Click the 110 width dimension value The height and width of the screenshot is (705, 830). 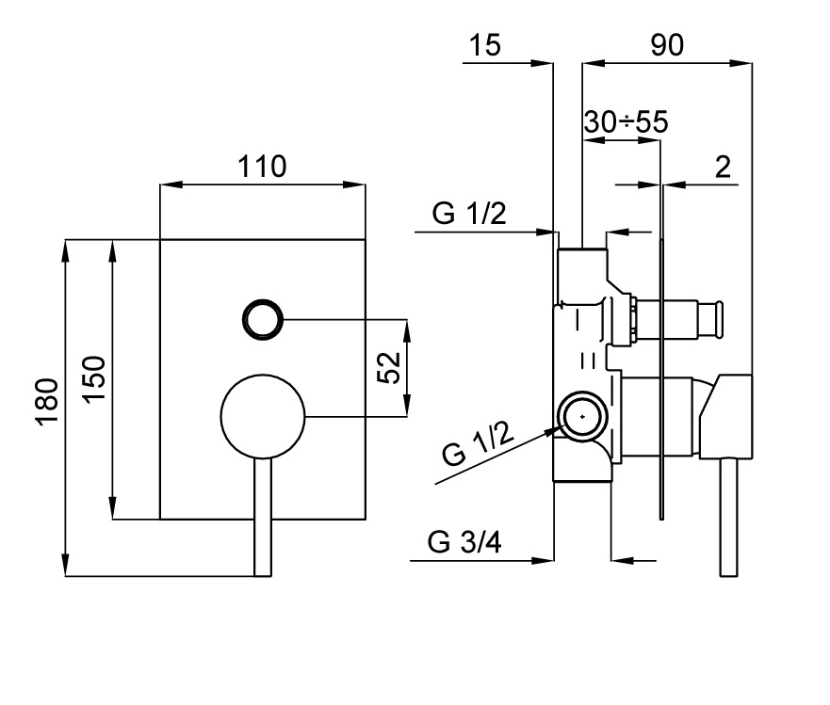pyautogui.click(x=261, y=167)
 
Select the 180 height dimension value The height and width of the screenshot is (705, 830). pyautogui.click(x=48, y=402)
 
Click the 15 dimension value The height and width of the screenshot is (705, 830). pyautogui.click(x=487, y=45)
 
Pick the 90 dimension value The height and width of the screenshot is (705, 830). pyautogui.click(x=667, y=45)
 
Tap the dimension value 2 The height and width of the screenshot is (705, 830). pyautogui.click(x=723, y=168)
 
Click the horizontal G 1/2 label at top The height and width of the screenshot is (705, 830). pyautogui.click(x=470, y=214)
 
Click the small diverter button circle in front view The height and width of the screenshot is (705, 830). pyautogui.click(x=262, y=320)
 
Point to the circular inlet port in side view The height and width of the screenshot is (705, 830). pyautogui.click(x=581, y=415)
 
